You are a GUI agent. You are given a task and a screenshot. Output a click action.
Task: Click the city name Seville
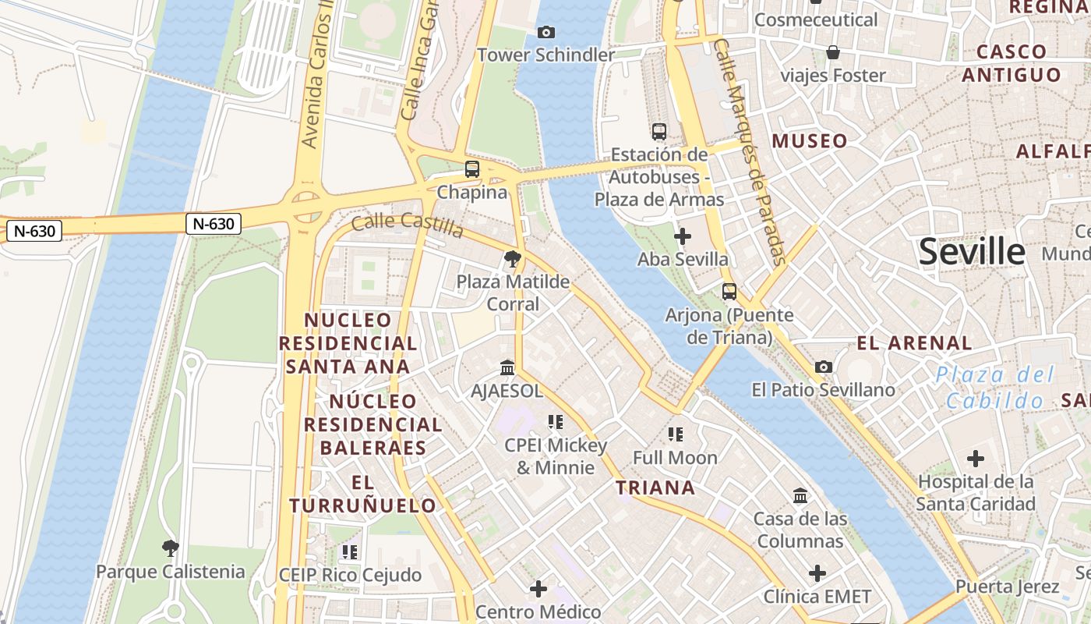[x=972, y=252]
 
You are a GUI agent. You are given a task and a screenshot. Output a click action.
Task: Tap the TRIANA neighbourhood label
[x=655, y=488]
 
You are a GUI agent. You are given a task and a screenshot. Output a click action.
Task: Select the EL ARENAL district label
[x=914, y=343]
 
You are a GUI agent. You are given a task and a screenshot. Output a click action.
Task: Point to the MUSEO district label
[x=810, y=141]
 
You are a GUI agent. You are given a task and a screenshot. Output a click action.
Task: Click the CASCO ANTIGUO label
[x=1012, y=63]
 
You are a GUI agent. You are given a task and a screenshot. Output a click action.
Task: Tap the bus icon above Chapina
[x=472, y=168]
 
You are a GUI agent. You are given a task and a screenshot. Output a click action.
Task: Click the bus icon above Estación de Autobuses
[x=659, y=131]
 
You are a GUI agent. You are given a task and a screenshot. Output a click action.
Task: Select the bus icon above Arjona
[x=729, y=292]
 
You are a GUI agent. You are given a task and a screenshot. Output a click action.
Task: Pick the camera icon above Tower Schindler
[x=546, y=32]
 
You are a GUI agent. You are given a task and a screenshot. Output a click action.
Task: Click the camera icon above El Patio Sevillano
[x=824, y=367]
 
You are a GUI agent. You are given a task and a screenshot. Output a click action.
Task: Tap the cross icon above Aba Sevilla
[x=683, y=236]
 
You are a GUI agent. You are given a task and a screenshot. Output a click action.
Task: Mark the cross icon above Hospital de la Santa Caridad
[x=976, y=459]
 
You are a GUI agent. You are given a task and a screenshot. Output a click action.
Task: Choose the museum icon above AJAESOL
[x=507, y=367]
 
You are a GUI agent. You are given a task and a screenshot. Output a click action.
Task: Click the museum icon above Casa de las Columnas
[x=800, y=495]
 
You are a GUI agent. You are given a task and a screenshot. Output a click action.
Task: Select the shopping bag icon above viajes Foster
[x=833, y=52]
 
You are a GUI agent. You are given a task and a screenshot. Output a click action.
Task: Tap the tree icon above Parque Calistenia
[x=171, y=548]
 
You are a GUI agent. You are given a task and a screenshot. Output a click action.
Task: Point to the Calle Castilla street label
[x=408, y=225]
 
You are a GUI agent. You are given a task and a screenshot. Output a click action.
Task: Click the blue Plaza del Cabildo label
[x=994, y=388]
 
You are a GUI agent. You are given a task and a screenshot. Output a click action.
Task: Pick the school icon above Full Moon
[x=676, y=434]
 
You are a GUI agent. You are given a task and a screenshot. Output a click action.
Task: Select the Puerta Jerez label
[x=1008, y=587]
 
